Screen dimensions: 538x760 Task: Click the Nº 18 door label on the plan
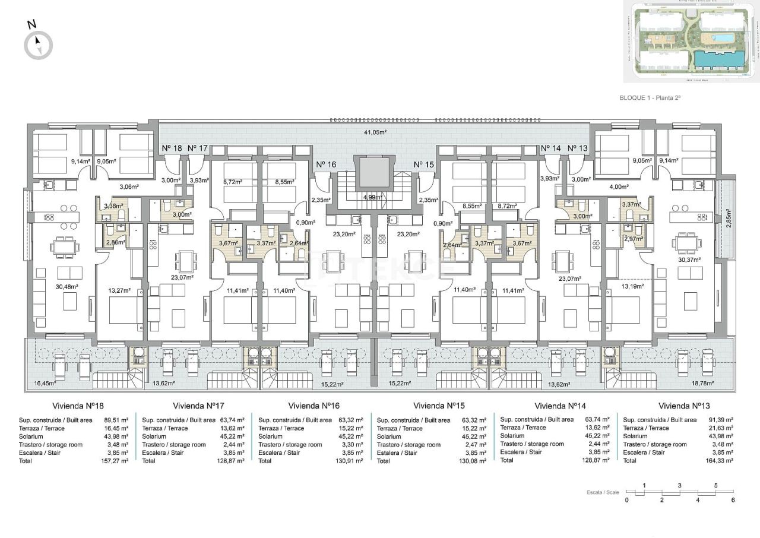pyautogui.click(x=172, y=148)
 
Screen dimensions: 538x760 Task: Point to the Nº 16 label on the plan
pyautogui.click(x=326, y=164)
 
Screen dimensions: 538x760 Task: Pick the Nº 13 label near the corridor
pyautogui.click(x=577, y=148)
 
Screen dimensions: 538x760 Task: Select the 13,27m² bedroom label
pyautogui.click(x=119, y=291)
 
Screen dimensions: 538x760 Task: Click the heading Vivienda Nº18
pyautogui.click(x=78, y=406)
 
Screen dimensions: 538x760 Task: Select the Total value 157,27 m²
pyautogui.click(x=116, y=461)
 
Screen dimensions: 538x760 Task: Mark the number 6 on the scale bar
pyautogui.click(x=733, y=500)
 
